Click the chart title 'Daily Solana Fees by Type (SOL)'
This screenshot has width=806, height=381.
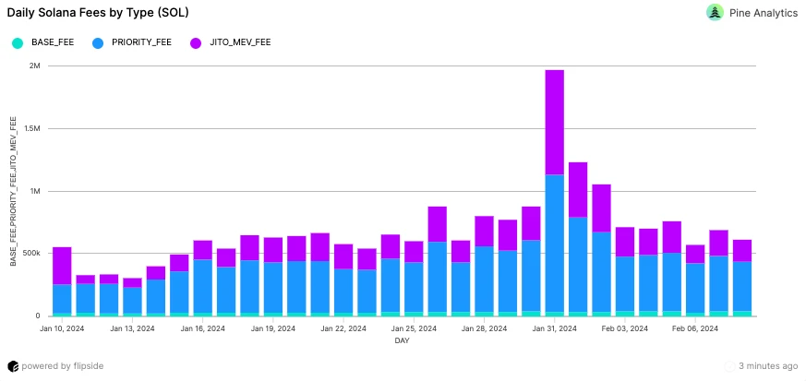click(106, 13)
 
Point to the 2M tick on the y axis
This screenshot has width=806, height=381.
click(35, 65)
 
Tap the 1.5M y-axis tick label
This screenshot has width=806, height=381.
click(32, 128)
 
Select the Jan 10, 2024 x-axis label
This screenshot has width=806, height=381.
click(63, 328)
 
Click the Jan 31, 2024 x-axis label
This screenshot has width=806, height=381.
click(555, 328)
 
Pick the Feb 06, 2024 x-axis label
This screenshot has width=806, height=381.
click(695, 328)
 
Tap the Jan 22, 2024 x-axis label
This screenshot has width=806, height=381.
click(343, 328)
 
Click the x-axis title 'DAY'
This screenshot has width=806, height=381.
click(402, 340)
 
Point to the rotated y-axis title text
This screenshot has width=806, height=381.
click(14, 192)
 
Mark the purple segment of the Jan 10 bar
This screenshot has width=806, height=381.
click(63, 266)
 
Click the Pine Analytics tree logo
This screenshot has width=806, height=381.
click(715, 13)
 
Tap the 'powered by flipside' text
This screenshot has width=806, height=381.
click(61, 366)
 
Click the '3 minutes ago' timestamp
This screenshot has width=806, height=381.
click(768, 366)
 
